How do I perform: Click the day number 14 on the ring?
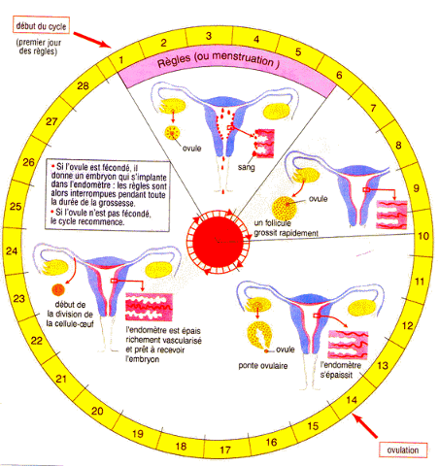pos(352,400)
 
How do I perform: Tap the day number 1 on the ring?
pos(121,59)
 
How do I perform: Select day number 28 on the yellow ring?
pos(83,85)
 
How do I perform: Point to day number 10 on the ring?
pos(423,236)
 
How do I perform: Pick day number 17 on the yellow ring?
pos(225,449)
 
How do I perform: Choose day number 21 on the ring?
pos(61,379)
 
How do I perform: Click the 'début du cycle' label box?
pos(41,25)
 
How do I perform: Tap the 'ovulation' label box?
pos(403,450)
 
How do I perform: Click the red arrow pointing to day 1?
pos(92,40)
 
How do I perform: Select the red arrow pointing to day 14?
pos(365,425)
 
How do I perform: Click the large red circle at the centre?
pos(218,242)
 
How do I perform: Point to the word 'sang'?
pos(247,167)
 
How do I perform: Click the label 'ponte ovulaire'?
pos(263,366)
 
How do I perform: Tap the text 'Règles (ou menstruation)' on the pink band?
pos(219,59)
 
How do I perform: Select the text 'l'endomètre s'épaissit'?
pos(341,370)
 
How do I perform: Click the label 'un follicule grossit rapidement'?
pos(286,228)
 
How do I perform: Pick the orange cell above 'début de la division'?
pos(58,290)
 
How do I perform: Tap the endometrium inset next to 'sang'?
pos(264,144)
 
